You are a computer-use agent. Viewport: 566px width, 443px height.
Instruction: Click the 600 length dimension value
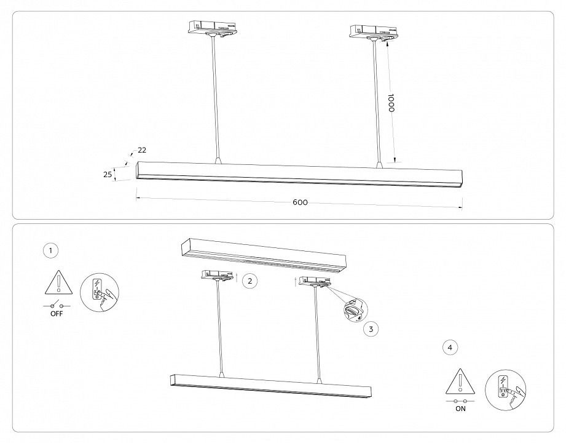coord(300,202)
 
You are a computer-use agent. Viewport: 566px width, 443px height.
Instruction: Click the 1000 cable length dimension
coord(390,103)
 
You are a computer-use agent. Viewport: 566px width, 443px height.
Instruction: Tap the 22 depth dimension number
coord(142,150)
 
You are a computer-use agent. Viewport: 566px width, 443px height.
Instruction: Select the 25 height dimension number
coord(108,175)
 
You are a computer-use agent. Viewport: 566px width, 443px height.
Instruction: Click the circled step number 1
coord(51,250)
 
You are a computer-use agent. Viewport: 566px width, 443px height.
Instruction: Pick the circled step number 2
coord(249,281)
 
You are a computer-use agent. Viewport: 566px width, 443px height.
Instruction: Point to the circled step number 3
coord(370,329)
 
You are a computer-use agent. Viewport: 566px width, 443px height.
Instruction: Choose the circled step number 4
coord(450,348)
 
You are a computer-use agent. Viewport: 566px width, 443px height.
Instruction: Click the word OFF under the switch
coord(56,314)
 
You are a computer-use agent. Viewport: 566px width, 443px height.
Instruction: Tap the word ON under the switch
coord(460,408)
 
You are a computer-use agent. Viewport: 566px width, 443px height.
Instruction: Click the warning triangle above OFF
coord(57,284)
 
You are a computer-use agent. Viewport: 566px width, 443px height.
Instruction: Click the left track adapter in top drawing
coord(211,29)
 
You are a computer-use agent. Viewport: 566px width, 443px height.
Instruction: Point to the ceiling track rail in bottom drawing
coord(263,255)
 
